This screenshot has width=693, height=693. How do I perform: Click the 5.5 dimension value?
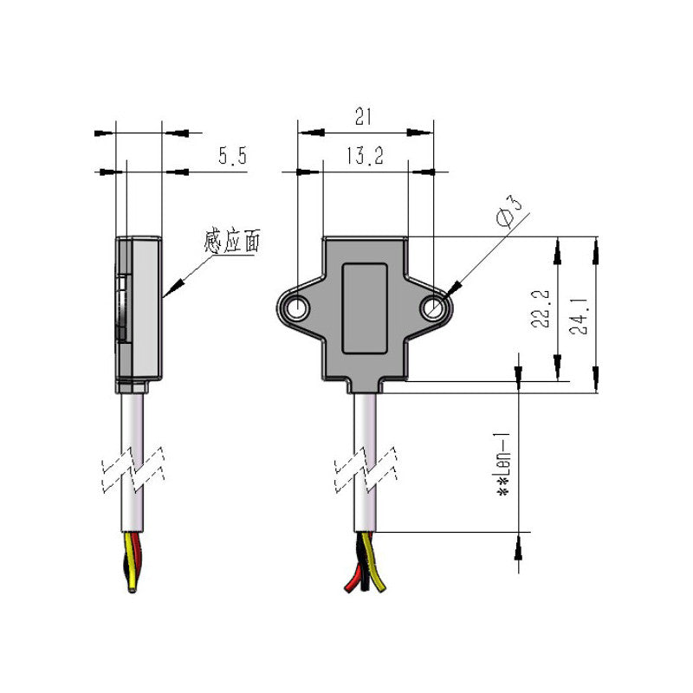[x=232, y=157]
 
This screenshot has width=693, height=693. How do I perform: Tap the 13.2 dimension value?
[x=365, y=156]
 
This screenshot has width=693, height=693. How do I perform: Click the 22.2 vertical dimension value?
[x=541, y=308]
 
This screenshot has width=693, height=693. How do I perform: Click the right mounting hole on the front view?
[x=432, y=308]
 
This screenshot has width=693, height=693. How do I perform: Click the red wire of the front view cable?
[x=351, y=576]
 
